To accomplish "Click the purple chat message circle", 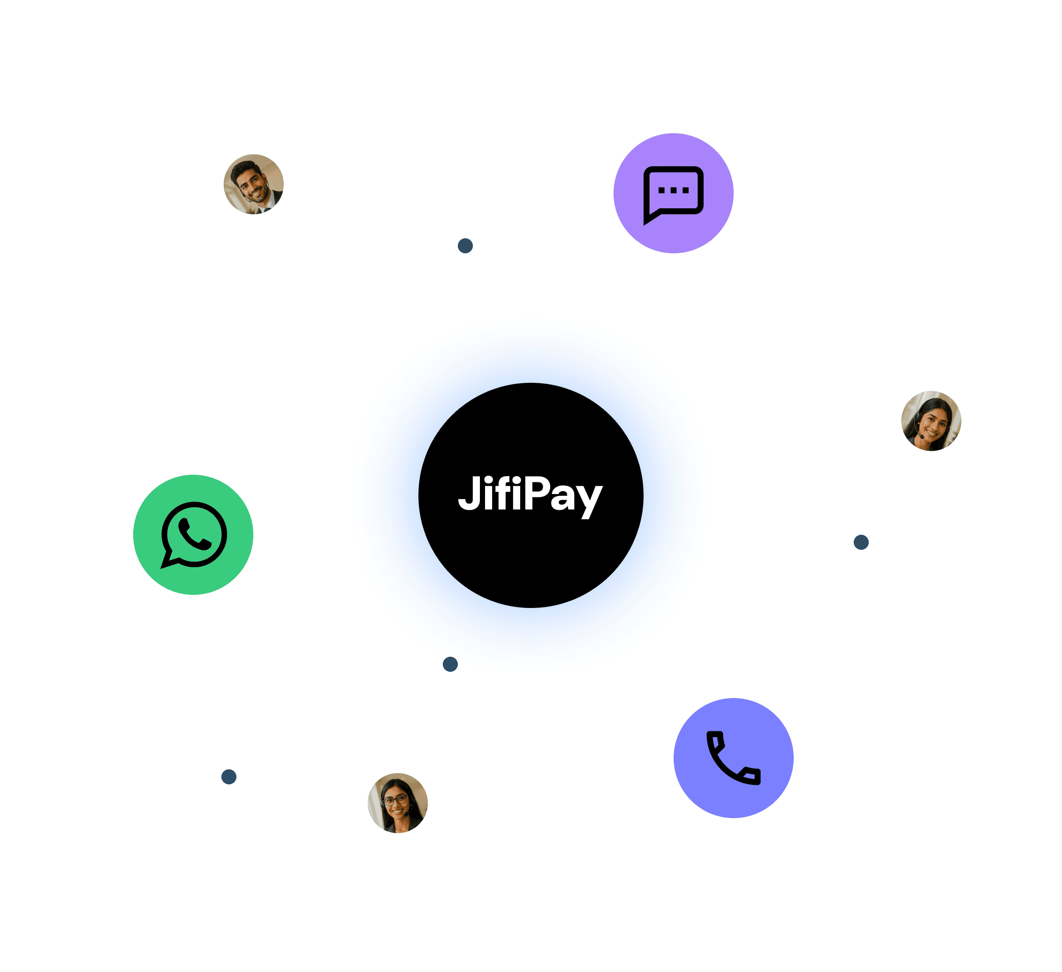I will (673, 193).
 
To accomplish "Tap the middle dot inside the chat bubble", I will (674, 190).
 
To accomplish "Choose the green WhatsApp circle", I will (193, 535).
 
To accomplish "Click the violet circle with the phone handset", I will (733, 758).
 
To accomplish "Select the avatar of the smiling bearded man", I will (254, 184).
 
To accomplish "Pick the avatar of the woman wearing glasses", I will (398, 803).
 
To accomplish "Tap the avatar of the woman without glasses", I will (931, 421).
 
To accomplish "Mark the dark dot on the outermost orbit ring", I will (228, 776).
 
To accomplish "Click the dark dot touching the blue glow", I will (450, 664).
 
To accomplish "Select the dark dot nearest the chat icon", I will (465, 246).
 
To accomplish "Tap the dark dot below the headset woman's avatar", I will (861, 542).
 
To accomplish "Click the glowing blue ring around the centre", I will (390, 495).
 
